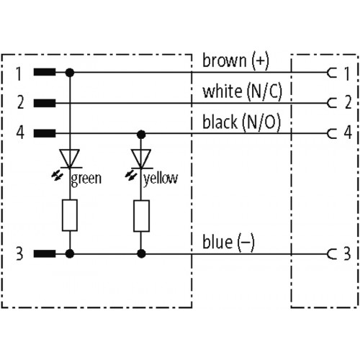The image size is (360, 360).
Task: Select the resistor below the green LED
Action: click(70, 215)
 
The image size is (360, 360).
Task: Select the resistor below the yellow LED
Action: click(141, 216)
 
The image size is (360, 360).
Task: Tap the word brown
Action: click(225, 60)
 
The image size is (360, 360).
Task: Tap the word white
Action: click(222, 91)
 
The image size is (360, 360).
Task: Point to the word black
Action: click(220, 122)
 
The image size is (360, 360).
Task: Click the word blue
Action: click(217, 242)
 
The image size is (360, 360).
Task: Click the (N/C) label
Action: click(264, 91)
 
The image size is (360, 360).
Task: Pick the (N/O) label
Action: click(261, 122)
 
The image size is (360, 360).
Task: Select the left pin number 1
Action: click(19, 73)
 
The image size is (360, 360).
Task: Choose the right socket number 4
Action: click(348, 132)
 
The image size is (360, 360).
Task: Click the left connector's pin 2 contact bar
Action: click(45, 103)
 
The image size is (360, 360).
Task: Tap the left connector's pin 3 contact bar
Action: click(45, 253)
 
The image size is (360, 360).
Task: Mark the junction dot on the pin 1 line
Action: click(70, 72)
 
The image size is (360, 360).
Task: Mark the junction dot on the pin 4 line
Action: click(141, 135)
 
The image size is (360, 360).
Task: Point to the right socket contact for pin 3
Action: click(332, 254)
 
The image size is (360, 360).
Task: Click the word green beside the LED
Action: click(86, 179)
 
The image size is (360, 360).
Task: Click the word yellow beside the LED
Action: click(161, 179)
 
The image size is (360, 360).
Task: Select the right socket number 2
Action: click(348, 102)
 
